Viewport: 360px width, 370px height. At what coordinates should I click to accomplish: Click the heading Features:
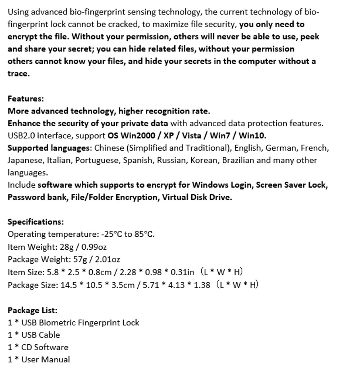coord(26,99)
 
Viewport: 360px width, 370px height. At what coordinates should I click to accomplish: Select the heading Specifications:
coord(36,221)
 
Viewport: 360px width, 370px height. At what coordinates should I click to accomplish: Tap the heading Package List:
coord(32,310)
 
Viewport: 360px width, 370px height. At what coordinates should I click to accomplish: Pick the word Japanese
coord(24,160)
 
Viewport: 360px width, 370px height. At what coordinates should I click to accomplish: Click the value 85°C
coord(144,234)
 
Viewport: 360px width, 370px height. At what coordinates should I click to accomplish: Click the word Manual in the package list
coord(58,360)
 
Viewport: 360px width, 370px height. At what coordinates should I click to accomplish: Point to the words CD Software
coord(45,347)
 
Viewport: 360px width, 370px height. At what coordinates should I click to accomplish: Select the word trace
coord(18,73)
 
